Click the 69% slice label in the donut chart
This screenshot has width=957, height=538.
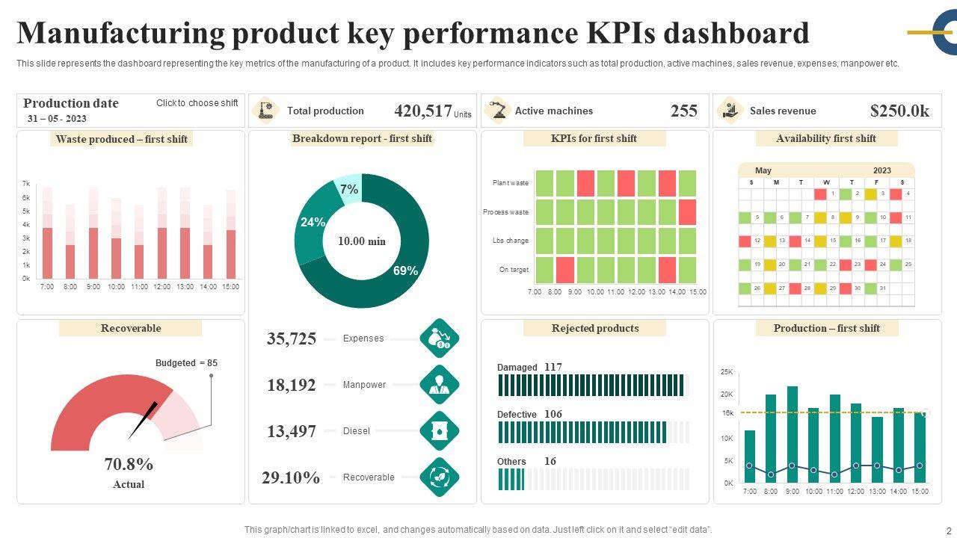point(405,270)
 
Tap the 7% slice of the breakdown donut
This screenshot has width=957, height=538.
point(348,189)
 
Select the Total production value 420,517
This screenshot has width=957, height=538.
point(422,111)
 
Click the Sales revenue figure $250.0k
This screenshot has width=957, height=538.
point(899,111)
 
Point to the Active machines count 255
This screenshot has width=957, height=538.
point(683,111)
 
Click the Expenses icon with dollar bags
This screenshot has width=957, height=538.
point(439,338)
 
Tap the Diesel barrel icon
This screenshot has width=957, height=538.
point(439,431)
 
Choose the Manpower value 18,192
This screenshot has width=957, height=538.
point(292,385)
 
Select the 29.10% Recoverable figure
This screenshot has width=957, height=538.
point(291,477)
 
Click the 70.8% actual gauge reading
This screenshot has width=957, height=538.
point(129,464)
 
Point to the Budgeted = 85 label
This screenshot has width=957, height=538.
point(186,363)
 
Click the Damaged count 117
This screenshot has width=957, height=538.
point(553,367)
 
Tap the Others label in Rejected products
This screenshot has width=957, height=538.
point(511,462)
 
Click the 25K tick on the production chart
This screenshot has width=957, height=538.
point(727,371)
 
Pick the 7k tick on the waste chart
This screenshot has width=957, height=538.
point(26,184)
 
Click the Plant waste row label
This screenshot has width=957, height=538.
point(510,183)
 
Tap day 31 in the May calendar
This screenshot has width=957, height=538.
point(882,288)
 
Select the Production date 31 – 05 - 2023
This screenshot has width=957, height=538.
point(57,119)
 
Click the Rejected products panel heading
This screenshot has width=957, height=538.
point(595,328)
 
